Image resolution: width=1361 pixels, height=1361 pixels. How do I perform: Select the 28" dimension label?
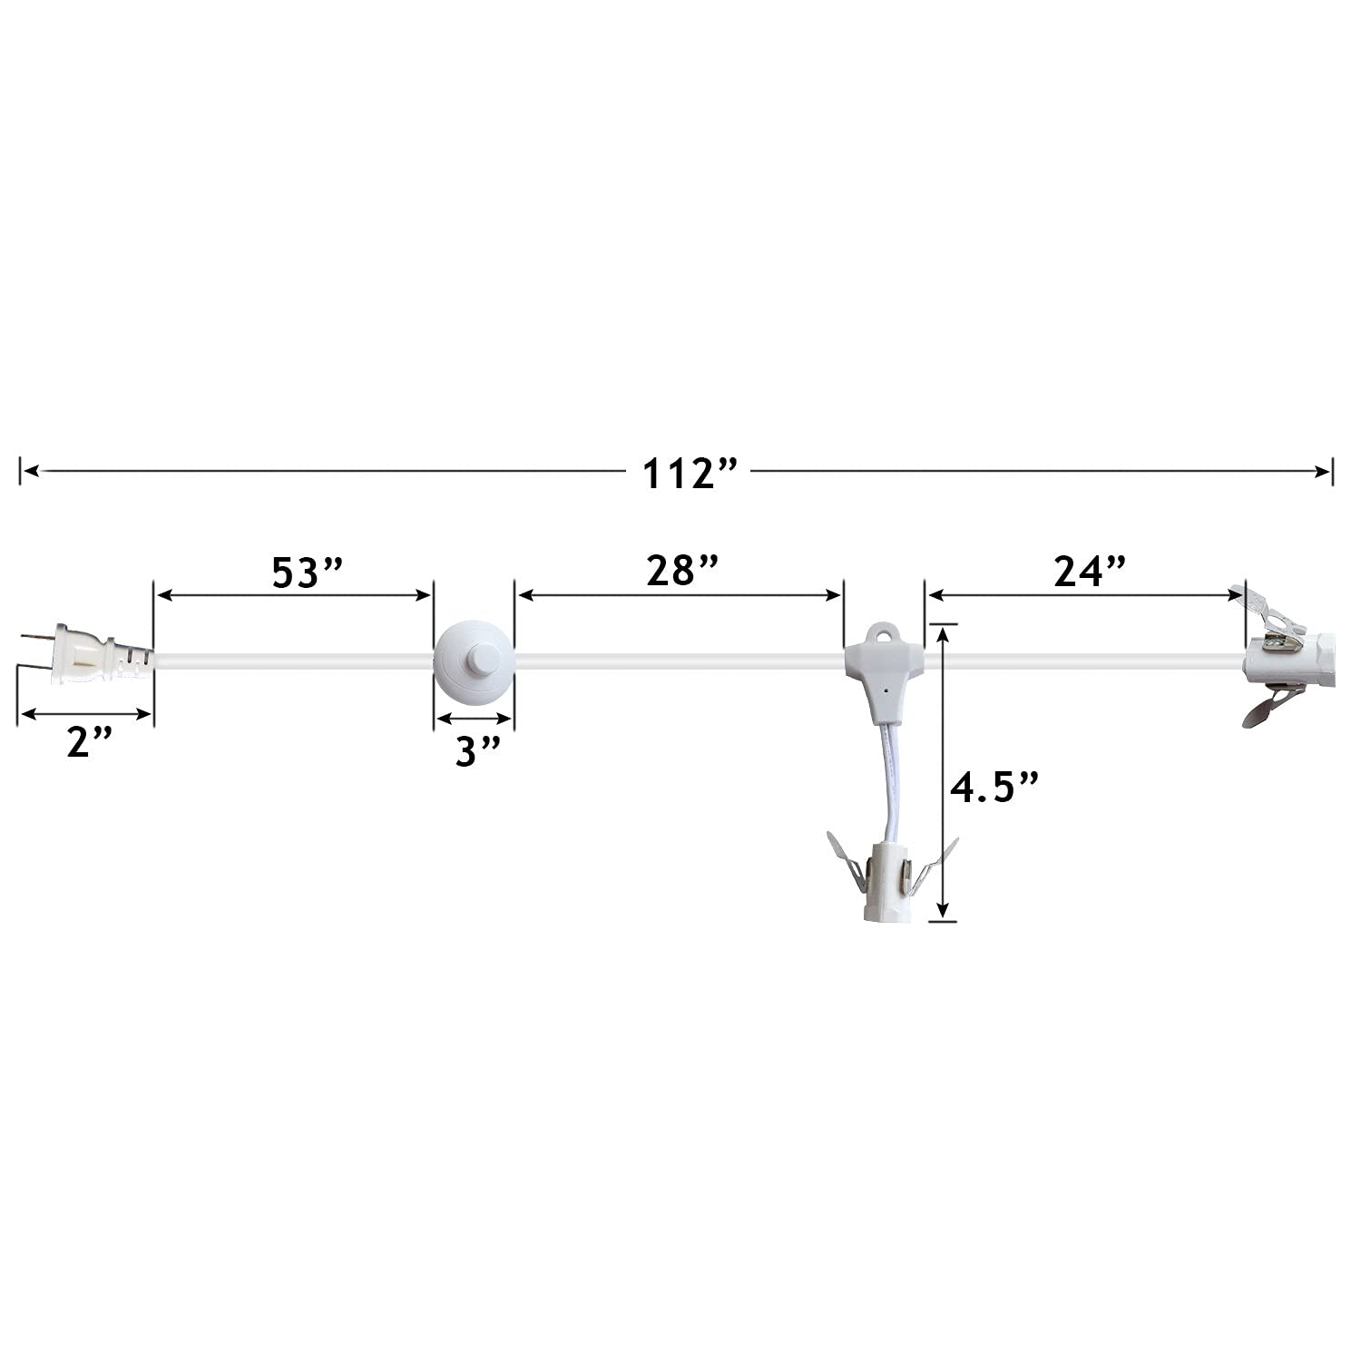682,572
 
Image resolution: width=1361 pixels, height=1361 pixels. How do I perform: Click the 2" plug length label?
90,743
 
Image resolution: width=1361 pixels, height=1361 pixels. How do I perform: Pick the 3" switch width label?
477,751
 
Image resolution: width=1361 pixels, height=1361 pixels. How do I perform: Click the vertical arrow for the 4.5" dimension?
945,771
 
